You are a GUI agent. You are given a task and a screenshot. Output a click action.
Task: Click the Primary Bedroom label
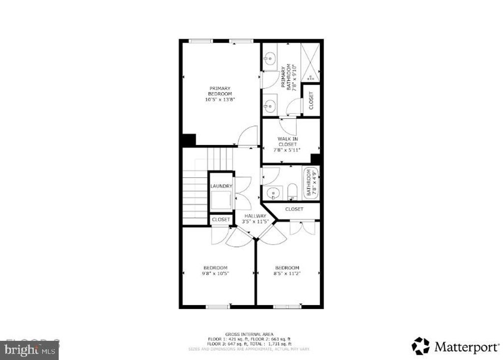pyautogui.click(x=220, y=91)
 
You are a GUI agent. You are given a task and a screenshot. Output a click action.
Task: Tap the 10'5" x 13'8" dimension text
pyautogui.click(x=220, y=100)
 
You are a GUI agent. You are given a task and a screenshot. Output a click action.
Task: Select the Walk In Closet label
pyautogui.click(x=288, y=141)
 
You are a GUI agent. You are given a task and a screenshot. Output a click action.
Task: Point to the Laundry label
pyautogui.click(x=221, y=186)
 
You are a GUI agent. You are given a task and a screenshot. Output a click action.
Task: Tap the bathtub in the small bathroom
pyautogui.click(x=310, y=183)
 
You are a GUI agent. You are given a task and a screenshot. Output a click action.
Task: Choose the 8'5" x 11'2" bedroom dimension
pyautogui.click(x=287, y=273)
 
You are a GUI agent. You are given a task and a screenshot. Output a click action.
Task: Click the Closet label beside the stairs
pyautogui.click(x=221, y=220)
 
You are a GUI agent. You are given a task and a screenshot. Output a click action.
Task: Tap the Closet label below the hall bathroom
pyautogui.click(x=294, y=209)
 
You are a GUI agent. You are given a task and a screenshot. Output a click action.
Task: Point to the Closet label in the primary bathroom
pyautogui.click(x=311, y=100)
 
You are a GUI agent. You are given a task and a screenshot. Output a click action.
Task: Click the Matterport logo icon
pyautogui.click(x=420, y=346)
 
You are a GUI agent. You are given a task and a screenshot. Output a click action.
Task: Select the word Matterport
pyautogui.click(x=466, y=347)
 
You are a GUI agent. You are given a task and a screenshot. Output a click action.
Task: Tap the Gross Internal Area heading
pyautogui.click(x=249, y=334)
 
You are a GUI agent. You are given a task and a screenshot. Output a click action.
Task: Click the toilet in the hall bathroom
pyautogui.click(x=292, y=192)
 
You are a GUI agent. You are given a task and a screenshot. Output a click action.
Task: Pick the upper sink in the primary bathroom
pyautogui.click(x=268, y=60)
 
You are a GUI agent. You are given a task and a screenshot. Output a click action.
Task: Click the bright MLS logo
pyautogui.click(x=29, y=350)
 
